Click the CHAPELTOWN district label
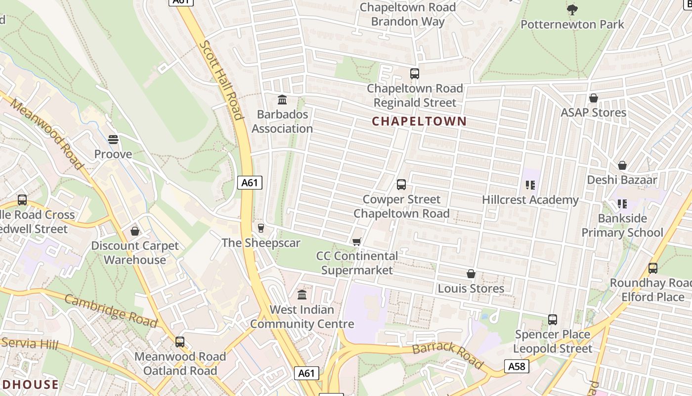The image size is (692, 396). coord(419,121)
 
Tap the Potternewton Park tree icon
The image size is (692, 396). coord(572,9)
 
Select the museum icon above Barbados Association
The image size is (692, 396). coord(282,100)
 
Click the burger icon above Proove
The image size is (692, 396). coord(113,140)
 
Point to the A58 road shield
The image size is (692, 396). coord(517,366)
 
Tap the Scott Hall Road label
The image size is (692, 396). coord(221,80)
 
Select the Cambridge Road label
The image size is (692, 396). coord(110,310)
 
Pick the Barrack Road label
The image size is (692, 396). coord(448,354)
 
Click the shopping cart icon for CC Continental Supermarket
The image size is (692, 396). coord(356,242)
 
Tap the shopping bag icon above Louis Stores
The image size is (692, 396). coord(471,274)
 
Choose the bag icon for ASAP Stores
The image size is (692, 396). coord(593,98)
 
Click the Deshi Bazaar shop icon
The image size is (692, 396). coord(622,165)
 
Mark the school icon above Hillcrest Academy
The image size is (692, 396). coord(530,186)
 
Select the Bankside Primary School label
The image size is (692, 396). coord(622,225)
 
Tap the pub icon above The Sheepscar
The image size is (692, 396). coord(261,228)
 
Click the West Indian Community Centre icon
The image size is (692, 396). coord(302,295)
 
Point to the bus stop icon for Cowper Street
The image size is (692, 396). coord(401,185)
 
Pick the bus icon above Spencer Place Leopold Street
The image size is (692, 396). coord(553,320)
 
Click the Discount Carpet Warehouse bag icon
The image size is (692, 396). coord(135,231)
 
